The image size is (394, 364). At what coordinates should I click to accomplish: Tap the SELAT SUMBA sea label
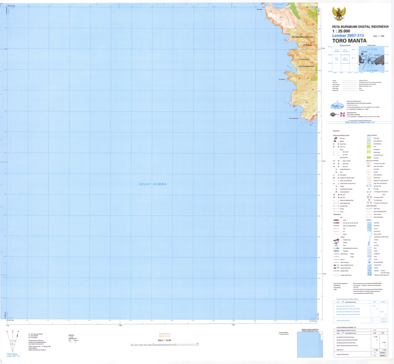pyautogui.click(x=153, y=185)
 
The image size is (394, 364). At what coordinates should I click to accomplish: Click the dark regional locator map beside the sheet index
pyautogui.click(x=371, y=58)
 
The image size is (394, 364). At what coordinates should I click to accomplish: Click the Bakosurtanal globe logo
pyautogui.click(x=337, y=105)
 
